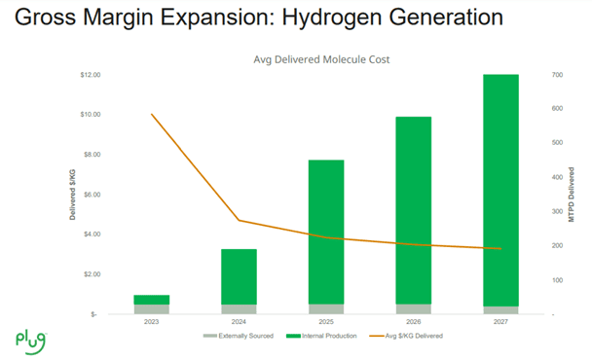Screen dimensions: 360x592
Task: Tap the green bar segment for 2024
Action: click(239, 276)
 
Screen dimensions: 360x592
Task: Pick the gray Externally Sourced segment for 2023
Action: click(151, 309)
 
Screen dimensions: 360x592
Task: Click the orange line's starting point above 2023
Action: click(152, 114)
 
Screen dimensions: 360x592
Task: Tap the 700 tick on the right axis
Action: click(558, 75)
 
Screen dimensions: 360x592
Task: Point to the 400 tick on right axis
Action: click(558, 177)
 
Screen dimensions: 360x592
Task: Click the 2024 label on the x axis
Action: click(239, 322)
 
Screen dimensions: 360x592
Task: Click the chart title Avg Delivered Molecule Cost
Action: click(321, 60)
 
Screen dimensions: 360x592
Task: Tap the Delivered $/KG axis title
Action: click(73, 194)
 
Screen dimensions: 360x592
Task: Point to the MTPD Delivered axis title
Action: click(573, 195)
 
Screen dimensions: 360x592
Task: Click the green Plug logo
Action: click(30, 339)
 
